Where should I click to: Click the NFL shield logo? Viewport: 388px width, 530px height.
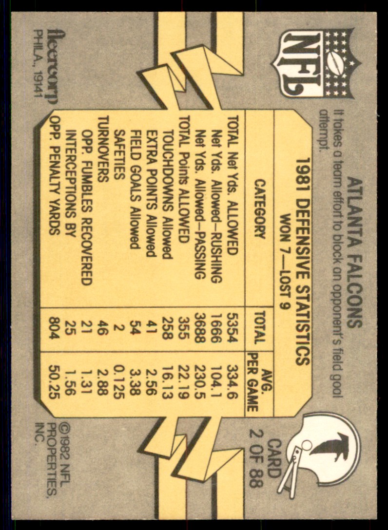pyautogui.click(x=316, y=63)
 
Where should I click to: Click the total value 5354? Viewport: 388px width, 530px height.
pyautogui.click(x=232, y=327)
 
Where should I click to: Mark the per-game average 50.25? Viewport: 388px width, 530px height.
pyautogui.click(x=54, y=381)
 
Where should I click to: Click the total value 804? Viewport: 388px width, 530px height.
pyautogui.click(x=54, y=327)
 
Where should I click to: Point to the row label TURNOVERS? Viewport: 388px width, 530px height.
pyautogui.click(x=103, y=149)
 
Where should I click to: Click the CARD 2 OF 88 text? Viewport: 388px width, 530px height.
pyautogui.click(x=265, y=463)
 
